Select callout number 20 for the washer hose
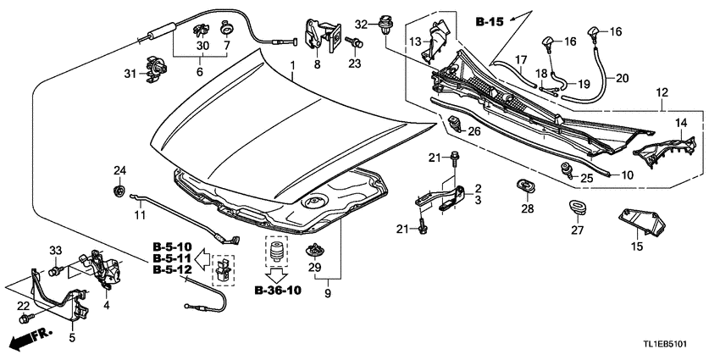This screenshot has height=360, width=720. (x=622, y=79)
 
